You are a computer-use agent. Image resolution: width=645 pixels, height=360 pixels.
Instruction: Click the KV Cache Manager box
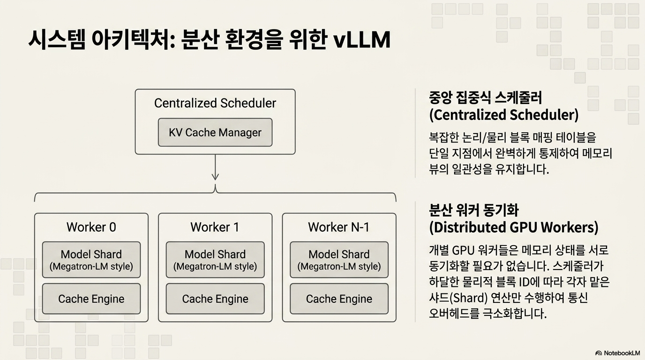tap(215, 133)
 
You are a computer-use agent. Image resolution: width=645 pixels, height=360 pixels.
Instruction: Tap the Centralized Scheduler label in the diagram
tap(215, 103)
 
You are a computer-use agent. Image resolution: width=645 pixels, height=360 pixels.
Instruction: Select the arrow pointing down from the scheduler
tap(215, 167)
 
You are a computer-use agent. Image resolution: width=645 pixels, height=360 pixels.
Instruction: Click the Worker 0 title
tap(91, 227)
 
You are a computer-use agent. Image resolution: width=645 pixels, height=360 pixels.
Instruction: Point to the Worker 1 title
tap(215, 227)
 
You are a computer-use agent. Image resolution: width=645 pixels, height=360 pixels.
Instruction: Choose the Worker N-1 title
tap(339, 227)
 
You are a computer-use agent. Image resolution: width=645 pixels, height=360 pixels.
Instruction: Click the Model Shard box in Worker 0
tap(91, 260)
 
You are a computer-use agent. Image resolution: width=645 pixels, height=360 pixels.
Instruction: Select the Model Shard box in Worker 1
tap(215, 260)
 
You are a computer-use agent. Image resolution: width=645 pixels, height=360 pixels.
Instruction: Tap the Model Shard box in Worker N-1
tap(339, 260)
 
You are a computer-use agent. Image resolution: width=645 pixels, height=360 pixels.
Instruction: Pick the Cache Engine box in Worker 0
tap(91, 299)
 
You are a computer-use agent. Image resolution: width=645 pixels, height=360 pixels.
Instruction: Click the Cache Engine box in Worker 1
tap(215, 299)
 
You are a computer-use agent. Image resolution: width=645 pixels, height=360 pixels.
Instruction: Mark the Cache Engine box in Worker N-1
tap(339, 299)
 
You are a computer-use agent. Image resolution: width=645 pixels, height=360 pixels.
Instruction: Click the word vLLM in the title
tap(362, 39)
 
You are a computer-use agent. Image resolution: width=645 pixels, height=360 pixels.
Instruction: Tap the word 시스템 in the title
tap(57, 39)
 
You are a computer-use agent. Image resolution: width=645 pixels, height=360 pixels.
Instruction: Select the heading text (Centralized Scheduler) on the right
tap(503, 115)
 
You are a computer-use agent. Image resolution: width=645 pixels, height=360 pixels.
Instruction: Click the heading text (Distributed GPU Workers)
tap(514, 227)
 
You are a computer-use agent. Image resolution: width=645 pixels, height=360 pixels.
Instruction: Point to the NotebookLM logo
tap(617, 353)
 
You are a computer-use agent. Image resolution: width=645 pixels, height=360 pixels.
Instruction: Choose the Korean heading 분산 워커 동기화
tap(473, 210)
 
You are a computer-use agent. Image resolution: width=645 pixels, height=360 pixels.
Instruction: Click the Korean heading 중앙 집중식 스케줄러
tap(486, 97)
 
